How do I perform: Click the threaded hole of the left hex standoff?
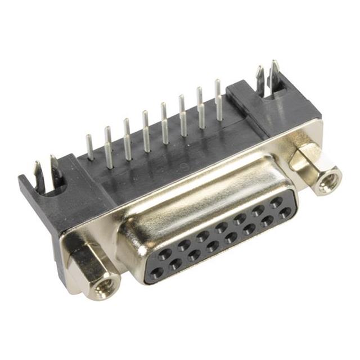(x=103, y=287)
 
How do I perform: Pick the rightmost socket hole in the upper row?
(x=276, y=201)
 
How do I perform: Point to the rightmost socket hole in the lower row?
(x=286, y=212)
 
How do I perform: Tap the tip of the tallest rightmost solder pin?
(x=218, y=83)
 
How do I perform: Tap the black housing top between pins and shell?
(x=169, y=169)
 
